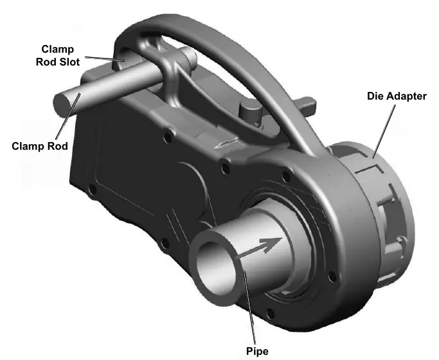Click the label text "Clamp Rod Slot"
(x=58, y=55)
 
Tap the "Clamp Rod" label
(x=40, y=146)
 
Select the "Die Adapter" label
(x=397, y=96)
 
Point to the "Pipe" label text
(x=257, y=351)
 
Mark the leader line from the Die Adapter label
(x=384, y=132)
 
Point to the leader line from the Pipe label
(x=249, y=308)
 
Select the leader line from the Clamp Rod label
(x=68, y=116)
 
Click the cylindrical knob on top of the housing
(x=250, y=110)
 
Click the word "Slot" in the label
(x=69, y=62)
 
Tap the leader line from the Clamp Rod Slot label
(x=104, y=59)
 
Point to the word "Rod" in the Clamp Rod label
(x=58, y=146)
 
